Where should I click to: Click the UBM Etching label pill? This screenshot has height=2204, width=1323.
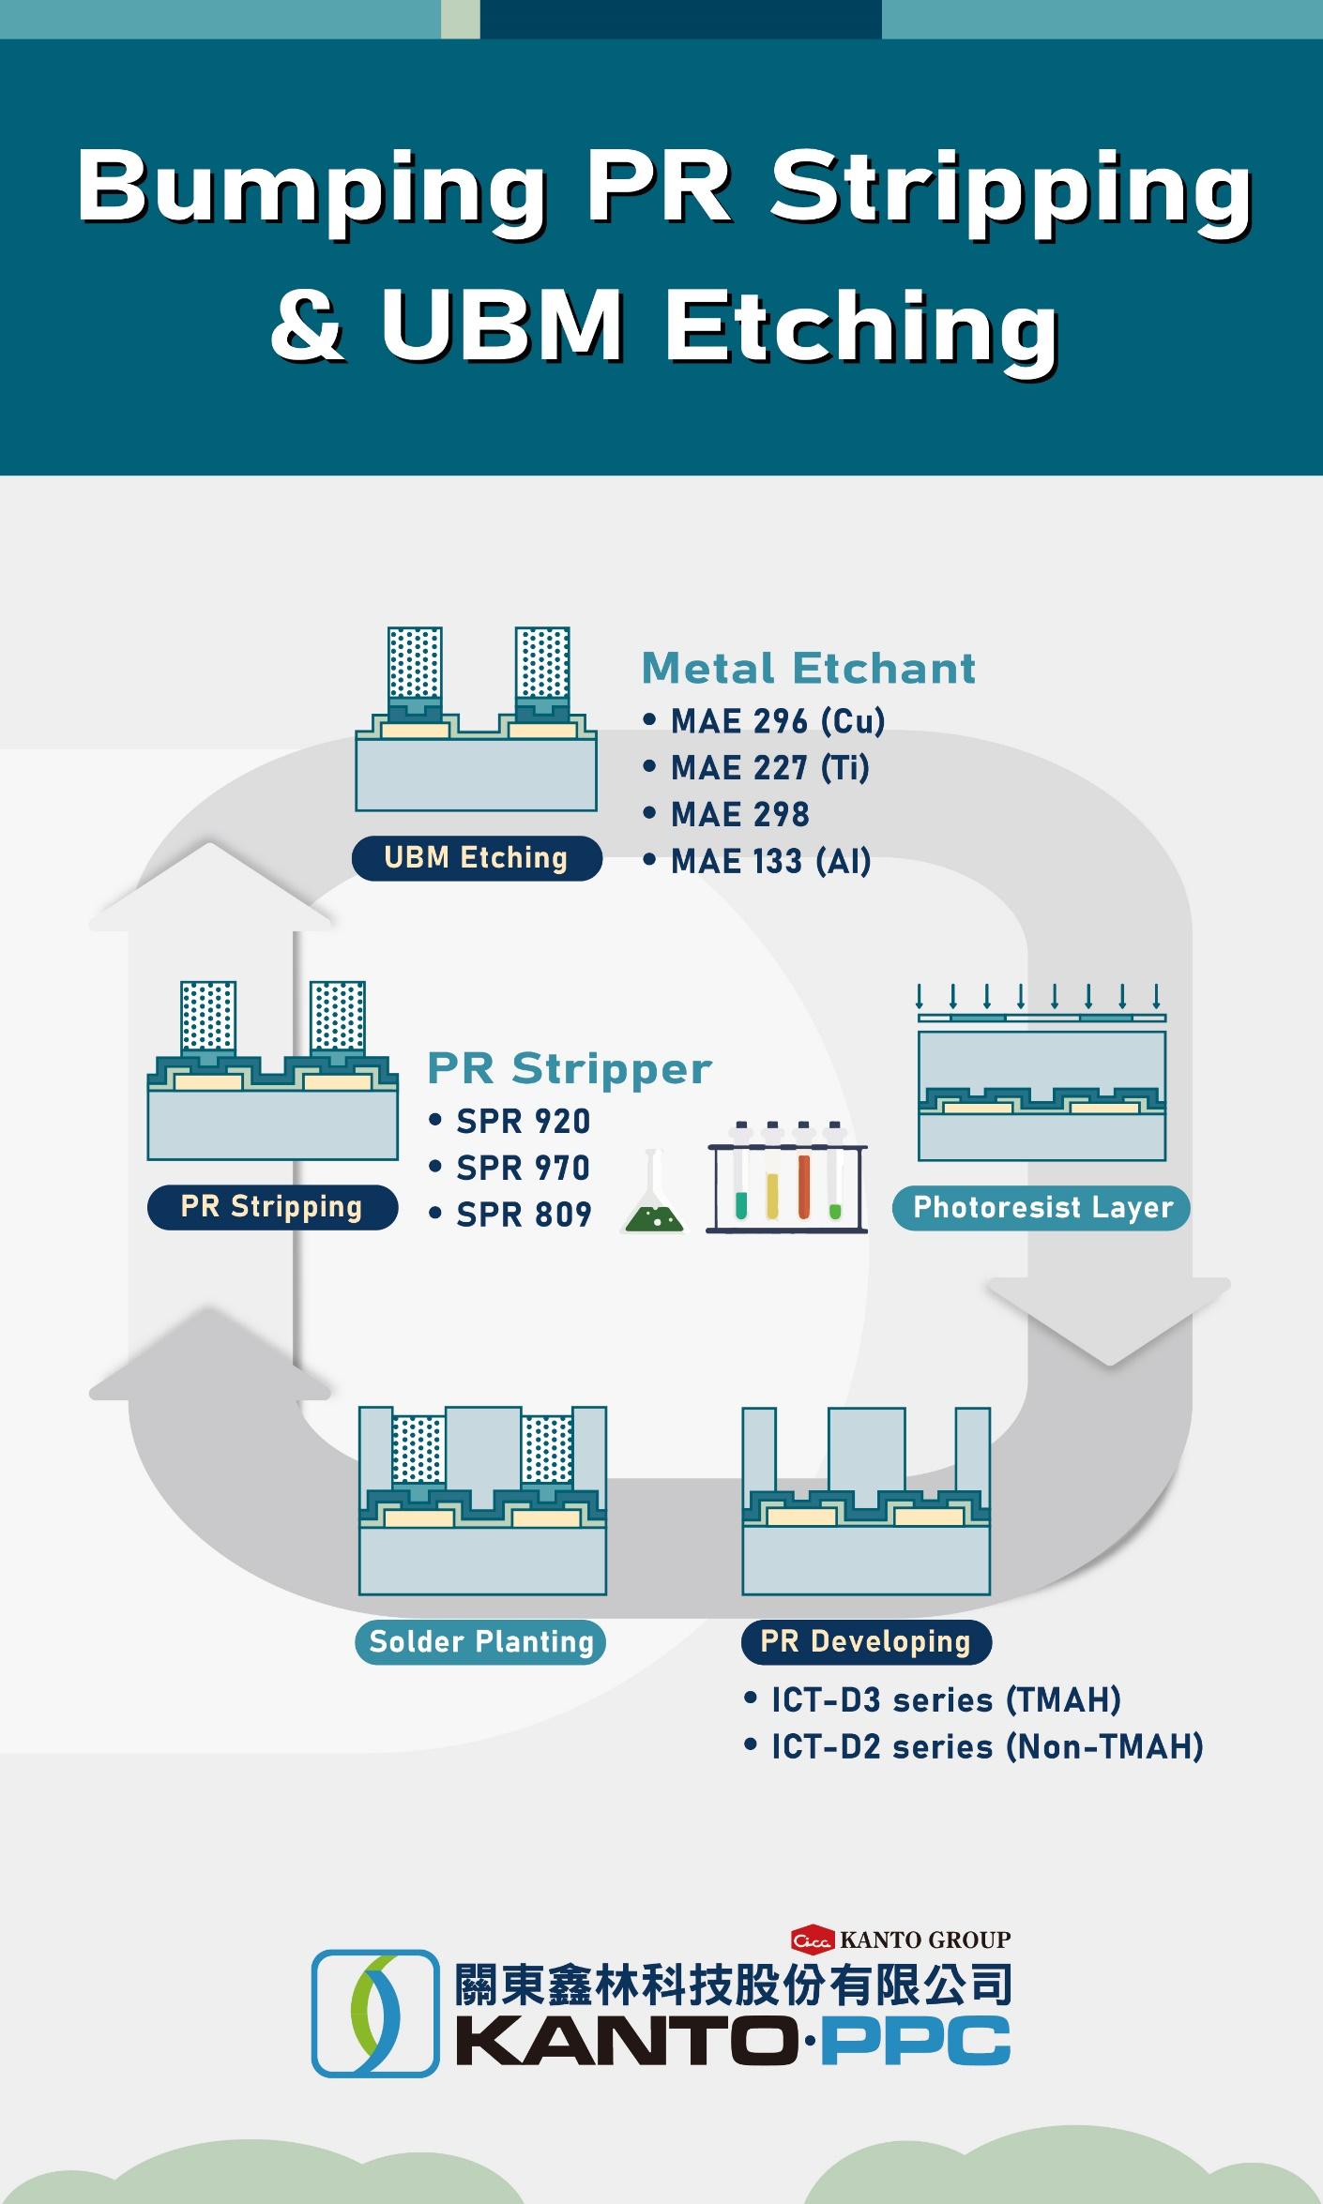coord(477,857)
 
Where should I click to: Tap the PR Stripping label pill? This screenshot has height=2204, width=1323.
coord(272,1206)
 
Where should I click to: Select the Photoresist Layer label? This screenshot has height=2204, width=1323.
coord(1042,1207)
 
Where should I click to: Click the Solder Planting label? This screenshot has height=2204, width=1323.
coord(480,1641)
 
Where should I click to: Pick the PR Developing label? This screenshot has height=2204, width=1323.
coord(865,1641)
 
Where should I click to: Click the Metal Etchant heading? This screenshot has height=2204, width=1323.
coord(809,668)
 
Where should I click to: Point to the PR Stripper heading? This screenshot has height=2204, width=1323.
coord(570,1068)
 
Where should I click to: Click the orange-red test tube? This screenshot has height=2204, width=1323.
coord(804,1177)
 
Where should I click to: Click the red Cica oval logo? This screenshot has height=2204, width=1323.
coord(813,1939)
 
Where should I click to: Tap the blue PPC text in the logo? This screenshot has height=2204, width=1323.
coord(916,2043)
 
